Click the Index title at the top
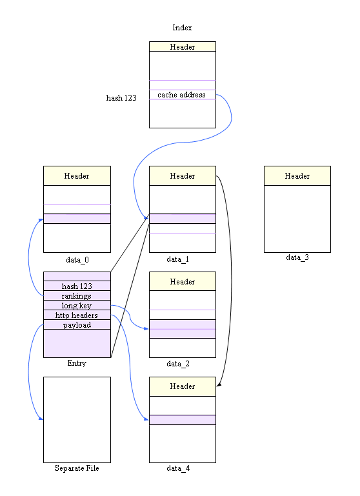click(x=182, y=28)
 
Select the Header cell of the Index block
click(x=182, y=46)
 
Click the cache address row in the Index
click(x=182, y=95)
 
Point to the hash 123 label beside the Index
click(x=121, y=98)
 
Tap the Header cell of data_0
click(x=77, y=175)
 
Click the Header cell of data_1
click(x=182, y=175)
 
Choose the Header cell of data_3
click(x=297, y=175)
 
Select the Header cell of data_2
click(x=182, y=281)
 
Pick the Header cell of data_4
click(x=182, y=386)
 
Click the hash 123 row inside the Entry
click(x=77, y=286)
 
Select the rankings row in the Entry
click(x=77, y=295)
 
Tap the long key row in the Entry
click(x=77, y=305)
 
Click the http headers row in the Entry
click(x=77, y=315)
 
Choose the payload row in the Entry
click(x=77, y=324)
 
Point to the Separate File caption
click(x=77, y=468)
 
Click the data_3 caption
click(x=297, y=258)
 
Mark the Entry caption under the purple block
click(x=77, y=363)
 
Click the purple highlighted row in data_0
click(x=77, y=219)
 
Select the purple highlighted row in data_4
click(x=182, y=420)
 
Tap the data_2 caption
click(x=178, y=364)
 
